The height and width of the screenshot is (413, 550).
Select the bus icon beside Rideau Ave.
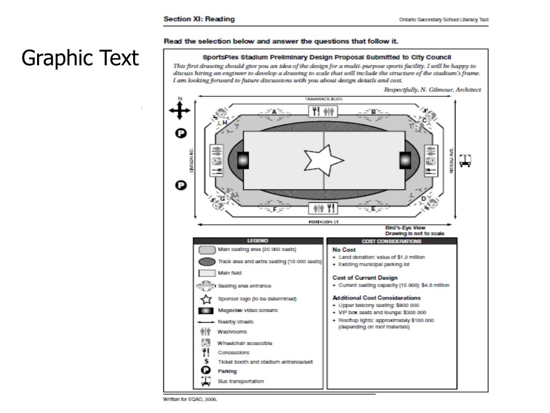coord(466,160)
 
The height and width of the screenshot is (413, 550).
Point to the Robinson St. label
coord(324,221)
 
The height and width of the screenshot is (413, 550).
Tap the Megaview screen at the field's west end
coord(243,160)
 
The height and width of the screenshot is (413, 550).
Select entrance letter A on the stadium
coord(274,112)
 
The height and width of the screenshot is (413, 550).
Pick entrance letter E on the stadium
coord(373,209)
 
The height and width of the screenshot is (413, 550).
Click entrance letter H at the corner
coord(225,123)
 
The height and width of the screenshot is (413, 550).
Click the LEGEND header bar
coord(258,241)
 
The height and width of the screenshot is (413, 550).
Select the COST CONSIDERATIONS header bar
coord(392,241)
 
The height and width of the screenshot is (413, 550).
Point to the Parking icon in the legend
coord(204,371)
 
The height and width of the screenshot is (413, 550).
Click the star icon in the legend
coord(204,299)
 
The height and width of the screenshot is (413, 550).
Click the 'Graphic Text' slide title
coord(80,58)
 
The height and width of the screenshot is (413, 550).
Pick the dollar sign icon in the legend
coord(204,362)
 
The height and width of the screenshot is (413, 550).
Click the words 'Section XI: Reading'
coord(199,19)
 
